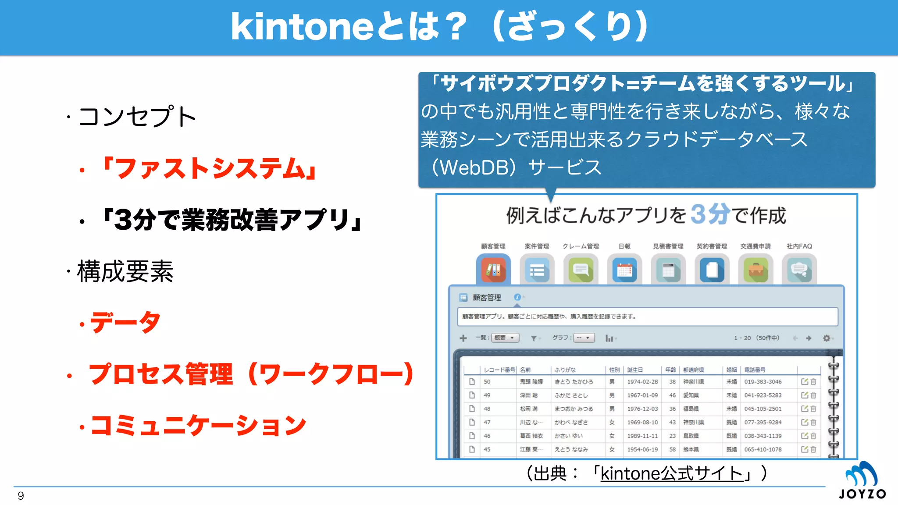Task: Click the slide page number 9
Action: coord(21,496)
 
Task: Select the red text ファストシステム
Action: coord(209,169)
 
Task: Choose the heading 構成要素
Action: coord(125,271)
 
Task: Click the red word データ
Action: coord(125,323)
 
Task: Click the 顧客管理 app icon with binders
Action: coord(493,270)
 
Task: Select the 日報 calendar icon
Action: coord(624,270)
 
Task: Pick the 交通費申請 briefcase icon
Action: coord(755,270)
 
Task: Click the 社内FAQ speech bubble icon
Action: coord(799,270)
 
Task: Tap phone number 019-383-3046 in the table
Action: coord(763,382)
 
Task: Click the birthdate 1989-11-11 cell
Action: coord(642,436)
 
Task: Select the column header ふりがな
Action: coord(565,370)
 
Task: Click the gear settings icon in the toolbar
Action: coord(827,338)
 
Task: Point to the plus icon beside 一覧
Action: coord(463,338)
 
